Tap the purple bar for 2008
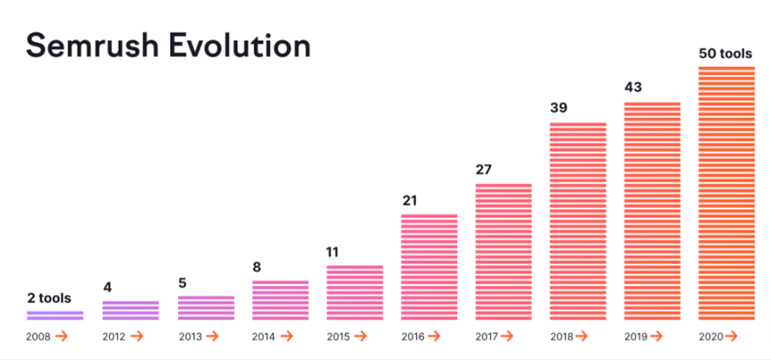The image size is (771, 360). [x=55, y=316]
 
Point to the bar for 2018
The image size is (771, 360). [x=577, y=221]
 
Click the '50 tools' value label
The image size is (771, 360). [x=727, y=53]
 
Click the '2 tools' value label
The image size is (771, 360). [x=49, y=298]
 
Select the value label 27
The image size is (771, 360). [x=484, y=169]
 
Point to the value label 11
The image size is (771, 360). [x=335, y=251]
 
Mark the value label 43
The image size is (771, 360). [x=633, y=87]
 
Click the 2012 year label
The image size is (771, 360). [x=113, y=336]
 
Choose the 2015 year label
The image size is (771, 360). [x=338, y=336]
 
